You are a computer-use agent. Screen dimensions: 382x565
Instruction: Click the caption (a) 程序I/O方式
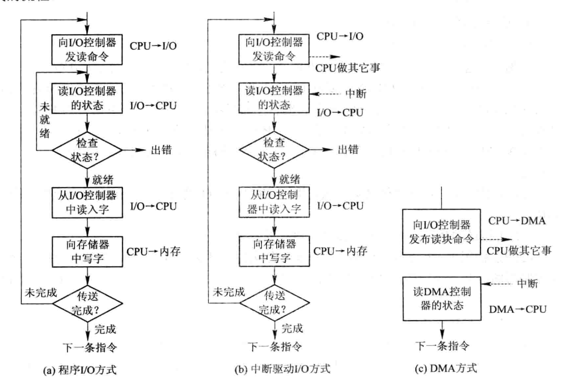click(80, 370)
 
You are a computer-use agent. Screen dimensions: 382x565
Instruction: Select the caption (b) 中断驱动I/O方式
click(282, 369)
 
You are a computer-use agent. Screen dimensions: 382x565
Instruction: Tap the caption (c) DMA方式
click(446, 368)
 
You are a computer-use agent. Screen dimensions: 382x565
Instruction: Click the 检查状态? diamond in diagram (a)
click(87, 150)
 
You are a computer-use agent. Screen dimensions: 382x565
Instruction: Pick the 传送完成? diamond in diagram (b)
click(274, 303)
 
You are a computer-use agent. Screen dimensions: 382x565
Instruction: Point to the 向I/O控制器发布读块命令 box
click(442, 232)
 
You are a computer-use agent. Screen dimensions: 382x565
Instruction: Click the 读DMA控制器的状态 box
click(442, 299)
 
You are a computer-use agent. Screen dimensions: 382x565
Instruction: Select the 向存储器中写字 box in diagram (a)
click(87, 251)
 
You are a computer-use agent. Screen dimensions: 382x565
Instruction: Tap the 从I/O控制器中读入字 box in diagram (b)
click(274, 202)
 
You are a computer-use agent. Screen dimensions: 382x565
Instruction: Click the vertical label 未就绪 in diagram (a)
click(45, 120)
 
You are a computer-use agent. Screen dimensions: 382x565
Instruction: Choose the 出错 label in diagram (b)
click(348, 149)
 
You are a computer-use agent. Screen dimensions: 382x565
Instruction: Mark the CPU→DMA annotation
click(517, 221)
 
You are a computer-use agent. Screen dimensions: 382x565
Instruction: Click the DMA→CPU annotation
click(518, 309)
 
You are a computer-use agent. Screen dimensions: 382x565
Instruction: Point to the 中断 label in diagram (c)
click(527, 283)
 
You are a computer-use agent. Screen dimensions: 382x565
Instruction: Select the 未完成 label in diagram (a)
click(41, 293)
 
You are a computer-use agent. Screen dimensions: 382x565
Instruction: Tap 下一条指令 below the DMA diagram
click(442, 346)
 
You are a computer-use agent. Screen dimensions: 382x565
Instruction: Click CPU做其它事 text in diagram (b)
click(348, 68)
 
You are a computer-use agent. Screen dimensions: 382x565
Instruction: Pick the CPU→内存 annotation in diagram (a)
click(154, 252)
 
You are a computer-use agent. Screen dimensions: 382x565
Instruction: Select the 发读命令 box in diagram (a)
click(87, 49)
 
